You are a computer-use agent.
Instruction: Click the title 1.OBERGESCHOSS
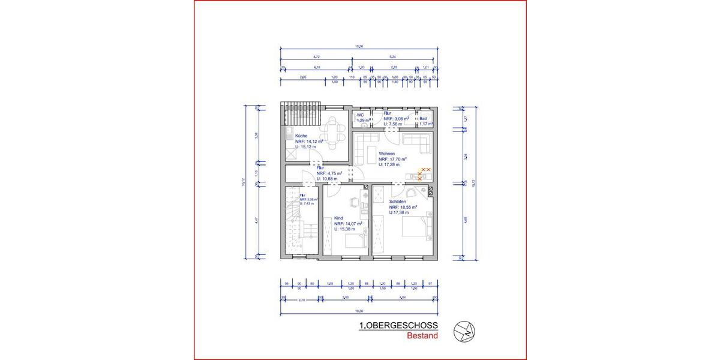pos(398,326)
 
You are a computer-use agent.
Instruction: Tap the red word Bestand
pos(422,336)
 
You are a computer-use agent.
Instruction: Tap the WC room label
pos(361,115)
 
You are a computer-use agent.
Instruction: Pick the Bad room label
pos(423,119)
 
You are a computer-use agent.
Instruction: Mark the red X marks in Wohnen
pos(424,174)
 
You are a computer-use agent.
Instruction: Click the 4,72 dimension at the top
pos(316,57)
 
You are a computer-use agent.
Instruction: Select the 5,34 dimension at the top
pos(392,57)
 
